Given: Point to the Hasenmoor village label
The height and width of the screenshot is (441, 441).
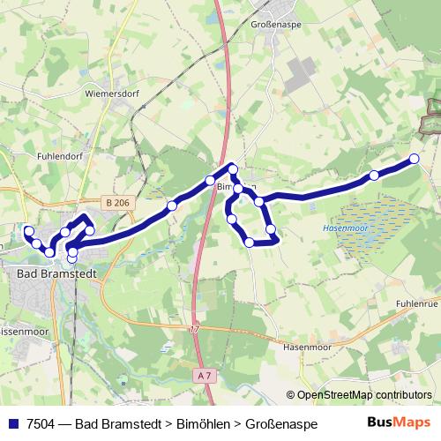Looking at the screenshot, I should [308, 348].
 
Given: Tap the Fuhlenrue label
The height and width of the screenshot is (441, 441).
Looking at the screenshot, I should [416, 303].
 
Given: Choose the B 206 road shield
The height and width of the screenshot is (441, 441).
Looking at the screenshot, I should [116, 203].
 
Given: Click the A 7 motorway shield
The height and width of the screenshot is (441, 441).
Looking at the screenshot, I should [205, 376].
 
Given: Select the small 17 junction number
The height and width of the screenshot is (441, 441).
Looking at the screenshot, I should [194, 329].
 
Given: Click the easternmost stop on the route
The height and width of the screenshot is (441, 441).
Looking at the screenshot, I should [414, 159].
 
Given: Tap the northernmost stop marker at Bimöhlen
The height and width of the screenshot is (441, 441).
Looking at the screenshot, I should [233, 168].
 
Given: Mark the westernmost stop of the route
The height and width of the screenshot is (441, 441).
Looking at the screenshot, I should [28, 231].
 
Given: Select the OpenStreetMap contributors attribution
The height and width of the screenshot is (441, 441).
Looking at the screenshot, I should [359, 394].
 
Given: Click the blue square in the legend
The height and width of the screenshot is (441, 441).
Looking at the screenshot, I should [13, 424].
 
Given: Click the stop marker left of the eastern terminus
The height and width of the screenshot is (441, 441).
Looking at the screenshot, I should [374, 176].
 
